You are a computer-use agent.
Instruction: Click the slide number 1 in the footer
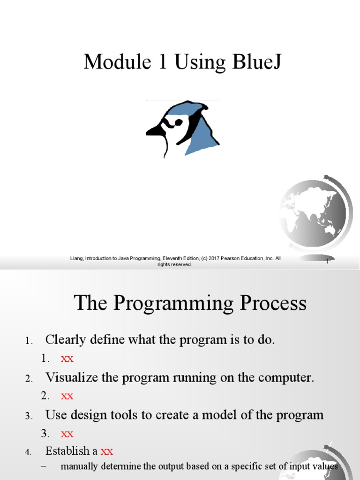point(327,262)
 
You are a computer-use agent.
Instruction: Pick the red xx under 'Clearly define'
point(67,359)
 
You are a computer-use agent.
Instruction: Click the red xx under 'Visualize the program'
point(67,396)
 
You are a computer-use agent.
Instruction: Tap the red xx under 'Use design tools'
point(67,433)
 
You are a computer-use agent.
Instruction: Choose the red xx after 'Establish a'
point(107,451)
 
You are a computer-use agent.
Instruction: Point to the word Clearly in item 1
point(63,340)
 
